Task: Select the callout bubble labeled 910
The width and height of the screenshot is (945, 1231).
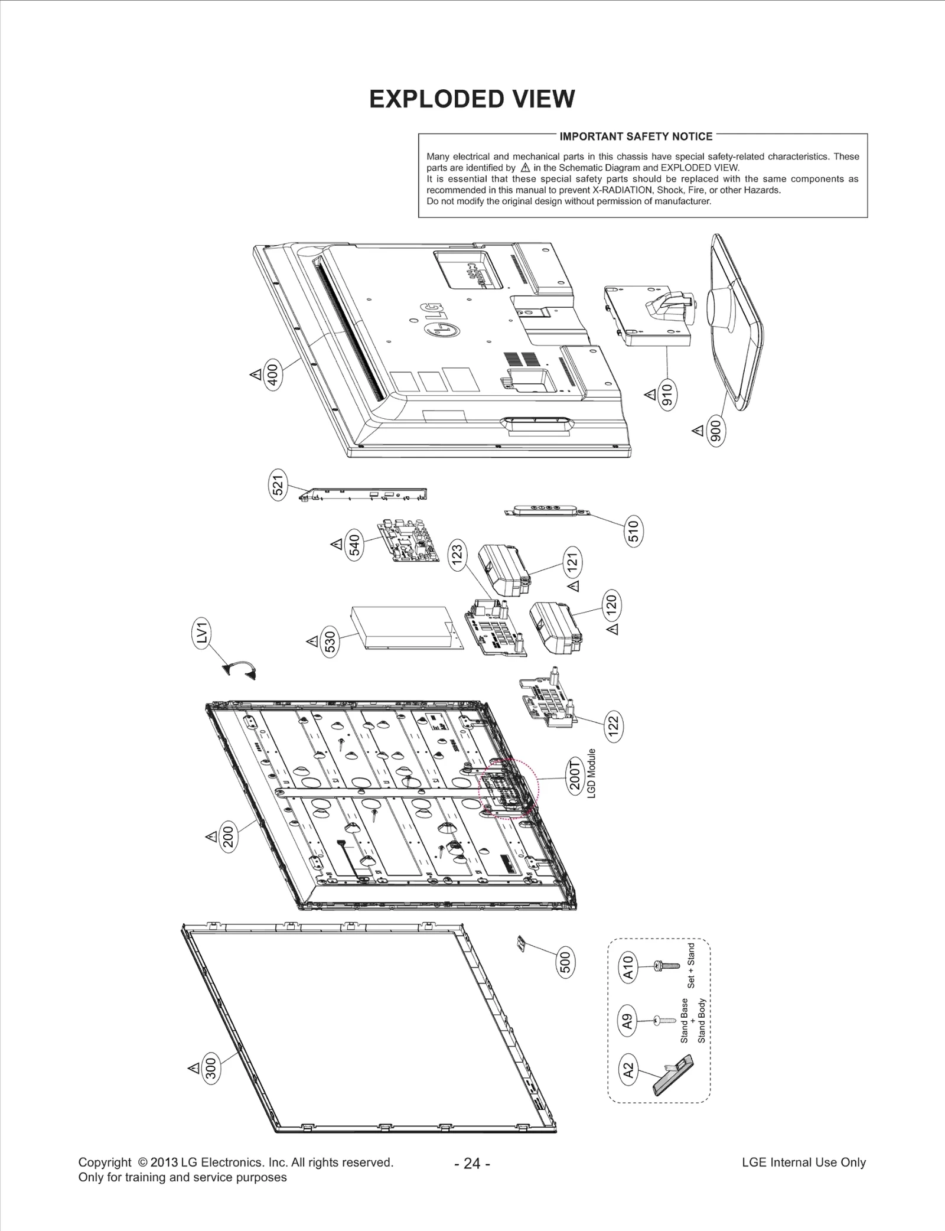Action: click(667, 394)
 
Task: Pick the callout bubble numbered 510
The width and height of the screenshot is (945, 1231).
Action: click(633, 532)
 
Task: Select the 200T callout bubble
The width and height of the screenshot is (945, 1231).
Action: click(575, 779)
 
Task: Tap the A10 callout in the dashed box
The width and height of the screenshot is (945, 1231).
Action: click(628, 967)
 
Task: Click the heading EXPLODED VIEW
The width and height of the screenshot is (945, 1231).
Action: click(471, 99)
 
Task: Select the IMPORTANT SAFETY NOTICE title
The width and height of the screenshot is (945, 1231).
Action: click(636, 136)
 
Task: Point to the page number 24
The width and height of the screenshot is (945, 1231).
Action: click(472, 1164)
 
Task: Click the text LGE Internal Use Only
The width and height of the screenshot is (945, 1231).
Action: click(803, 1162)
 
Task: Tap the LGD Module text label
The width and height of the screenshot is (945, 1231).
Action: click(591, 774)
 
